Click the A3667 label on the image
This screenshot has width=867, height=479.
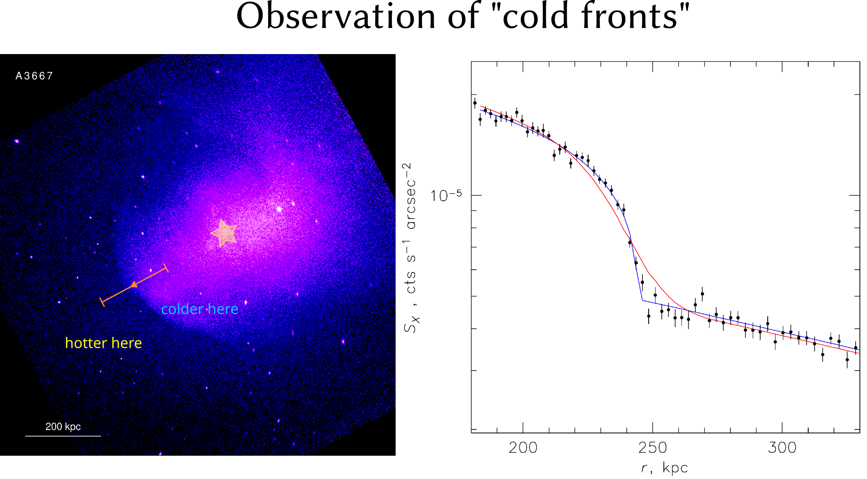click(34, 76)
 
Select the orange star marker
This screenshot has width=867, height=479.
click(224, 233)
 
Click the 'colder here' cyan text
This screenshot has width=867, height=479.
click(200, 309)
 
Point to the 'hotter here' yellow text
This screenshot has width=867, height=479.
click(103, 343)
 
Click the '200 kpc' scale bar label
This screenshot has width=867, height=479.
click(63, 427)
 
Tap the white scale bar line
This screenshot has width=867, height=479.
click(63, 436)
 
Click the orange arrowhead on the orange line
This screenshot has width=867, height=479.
click(134, 285)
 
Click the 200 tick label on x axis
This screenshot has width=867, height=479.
click(523, 448)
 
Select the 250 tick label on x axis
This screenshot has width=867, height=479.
click(653, 448)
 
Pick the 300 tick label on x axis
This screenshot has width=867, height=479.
click(782, 448)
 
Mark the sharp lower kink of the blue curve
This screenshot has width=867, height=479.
click(642, 300)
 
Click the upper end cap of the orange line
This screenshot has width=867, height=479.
click(166, 268)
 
